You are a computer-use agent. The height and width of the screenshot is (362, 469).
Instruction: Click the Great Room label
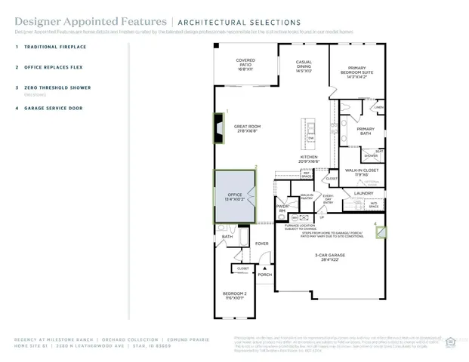point(246,128)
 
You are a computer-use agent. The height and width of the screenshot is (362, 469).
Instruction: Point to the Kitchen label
point(310,159)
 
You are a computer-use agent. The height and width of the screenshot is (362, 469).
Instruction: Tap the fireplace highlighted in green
point(218,131)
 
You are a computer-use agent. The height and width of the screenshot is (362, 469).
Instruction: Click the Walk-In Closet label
point(361,172)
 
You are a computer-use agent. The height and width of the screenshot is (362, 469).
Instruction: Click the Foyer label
point(261,244)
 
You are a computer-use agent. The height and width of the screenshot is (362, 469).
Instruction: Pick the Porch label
point(264,275)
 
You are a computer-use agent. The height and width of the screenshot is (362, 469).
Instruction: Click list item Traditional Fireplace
point(55,47)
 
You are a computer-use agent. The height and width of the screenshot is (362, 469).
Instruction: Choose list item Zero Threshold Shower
point(57,87)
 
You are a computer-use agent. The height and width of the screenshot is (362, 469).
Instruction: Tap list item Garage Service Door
point(53,108)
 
